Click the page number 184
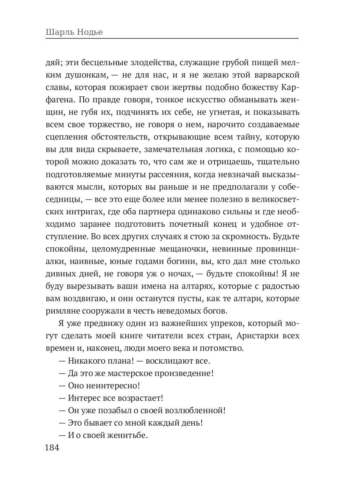[x=52, y=448]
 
